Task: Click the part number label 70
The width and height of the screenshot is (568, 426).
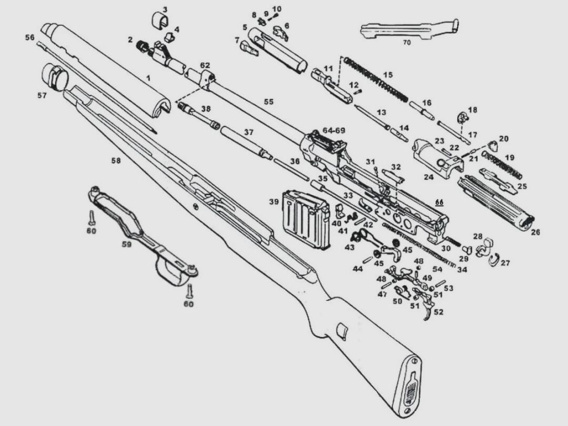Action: [x=406, y=41]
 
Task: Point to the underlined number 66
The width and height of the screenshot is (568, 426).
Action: [x=439, y=202]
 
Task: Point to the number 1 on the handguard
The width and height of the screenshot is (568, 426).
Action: [x=148, y=78]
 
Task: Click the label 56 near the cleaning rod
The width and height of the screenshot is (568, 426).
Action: [x=30, y=37]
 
